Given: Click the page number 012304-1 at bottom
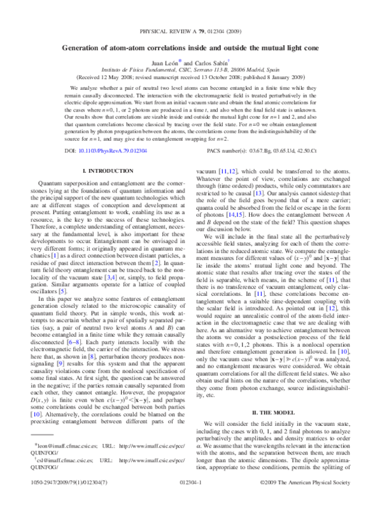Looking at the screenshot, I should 191,501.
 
